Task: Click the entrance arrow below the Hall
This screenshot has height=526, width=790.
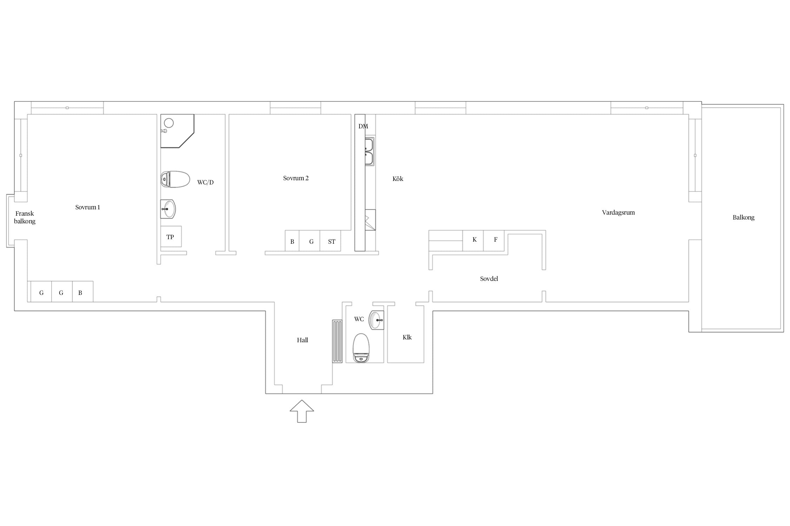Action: click(x=302, y=411)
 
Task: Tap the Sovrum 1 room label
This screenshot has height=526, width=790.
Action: click(x=87, y=207)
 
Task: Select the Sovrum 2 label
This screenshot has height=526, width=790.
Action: click(x=296, y=178)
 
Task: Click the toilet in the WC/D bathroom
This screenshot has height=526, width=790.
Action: click(x=175, y=179)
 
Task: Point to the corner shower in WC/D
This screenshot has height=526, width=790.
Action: click(x=177, y=130)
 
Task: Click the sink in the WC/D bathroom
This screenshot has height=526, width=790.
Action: click(x=168, y=209)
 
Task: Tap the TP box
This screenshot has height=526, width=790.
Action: click(x=171, y=237)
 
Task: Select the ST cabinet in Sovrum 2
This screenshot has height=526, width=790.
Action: click(x=330, y=241)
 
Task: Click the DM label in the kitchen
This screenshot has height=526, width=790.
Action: click(x=363, y=126)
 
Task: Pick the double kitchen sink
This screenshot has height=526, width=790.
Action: click(x=369, y=151)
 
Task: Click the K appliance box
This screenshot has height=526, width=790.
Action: click(x=473, y=241)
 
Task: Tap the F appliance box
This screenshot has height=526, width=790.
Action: click(x=494, y=241)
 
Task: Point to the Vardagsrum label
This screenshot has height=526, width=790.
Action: click(x=618, y=213)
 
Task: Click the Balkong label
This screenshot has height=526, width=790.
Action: click(x=743, y=217)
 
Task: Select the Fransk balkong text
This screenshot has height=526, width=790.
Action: click(x=25, y=217)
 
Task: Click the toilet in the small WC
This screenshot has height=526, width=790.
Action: click(x=361, y=348)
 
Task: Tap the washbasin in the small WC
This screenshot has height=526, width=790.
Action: click(x=376, y=320)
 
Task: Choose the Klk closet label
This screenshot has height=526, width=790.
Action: click(x=407, y=337)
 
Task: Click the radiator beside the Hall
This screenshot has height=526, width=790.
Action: click(x=337, y=341)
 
